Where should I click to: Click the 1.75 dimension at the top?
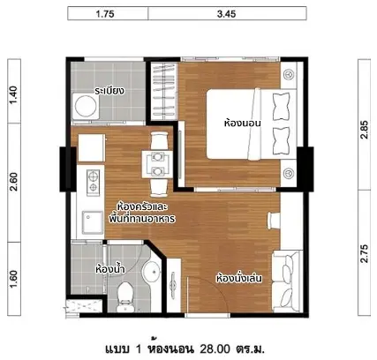coord(105,14)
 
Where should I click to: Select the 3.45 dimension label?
coord(226,14)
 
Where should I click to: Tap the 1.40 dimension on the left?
coord(14,94)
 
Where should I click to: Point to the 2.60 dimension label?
coord(14,182)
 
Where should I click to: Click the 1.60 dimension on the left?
coord(14,279)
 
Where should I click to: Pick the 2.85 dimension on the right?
coord(364,130)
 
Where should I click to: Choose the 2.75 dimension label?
coord(364,253)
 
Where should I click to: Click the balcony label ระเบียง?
coord(109,91)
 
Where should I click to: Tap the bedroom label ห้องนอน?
coord(243,123)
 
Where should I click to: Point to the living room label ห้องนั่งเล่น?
coord(239,278)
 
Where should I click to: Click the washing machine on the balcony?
coord(86,106)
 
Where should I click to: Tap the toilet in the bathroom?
coord(125,296)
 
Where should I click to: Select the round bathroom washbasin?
coord(151,271)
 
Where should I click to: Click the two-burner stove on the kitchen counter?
coord(93,183)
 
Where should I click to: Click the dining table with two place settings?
coord(157,164)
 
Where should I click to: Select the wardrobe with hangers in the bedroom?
coord(163,91)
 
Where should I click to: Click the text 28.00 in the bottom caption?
coord(215,349)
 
